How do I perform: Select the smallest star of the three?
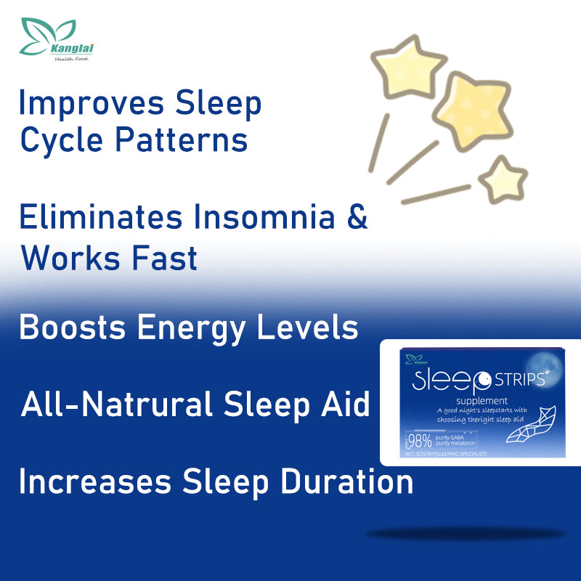tap(503, 178)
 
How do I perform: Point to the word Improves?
tap(88, 104)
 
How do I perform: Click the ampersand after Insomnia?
tap(356, 218)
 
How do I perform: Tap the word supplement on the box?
tap(487, 401)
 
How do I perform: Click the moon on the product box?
tap(548, 363)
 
